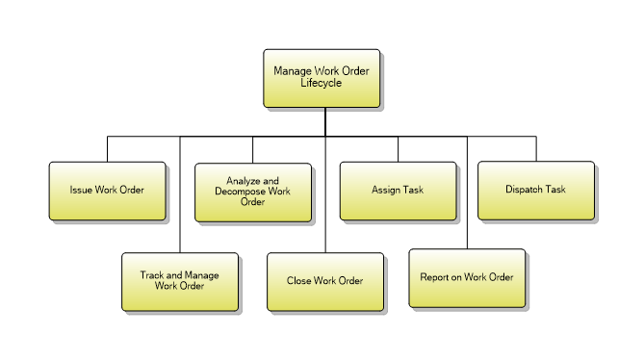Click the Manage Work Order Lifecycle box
coord(322,78)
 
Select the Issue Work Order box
coord(107,191)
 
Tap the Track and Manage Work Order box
coord(179,281)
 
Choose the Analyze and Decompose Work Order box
coord(252,191)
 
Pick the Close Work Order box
coord(324,282)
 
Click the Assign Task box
coord(398,191)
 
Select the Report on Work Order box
coord(467,277)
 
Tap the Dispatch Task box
coord(535,190)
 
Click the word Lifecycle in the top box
coord(321,84)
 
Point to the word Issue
coord(80,191)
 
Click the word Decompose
coord(240,191)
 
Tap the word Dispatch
coord(524,190)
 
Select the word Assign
coord(386,191)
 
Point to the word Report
coord(435,277)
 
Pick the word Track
coord(153,276)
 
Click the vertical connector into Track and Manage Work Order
coord(180,193)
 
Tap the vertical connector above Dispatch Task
coord(536,147)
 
